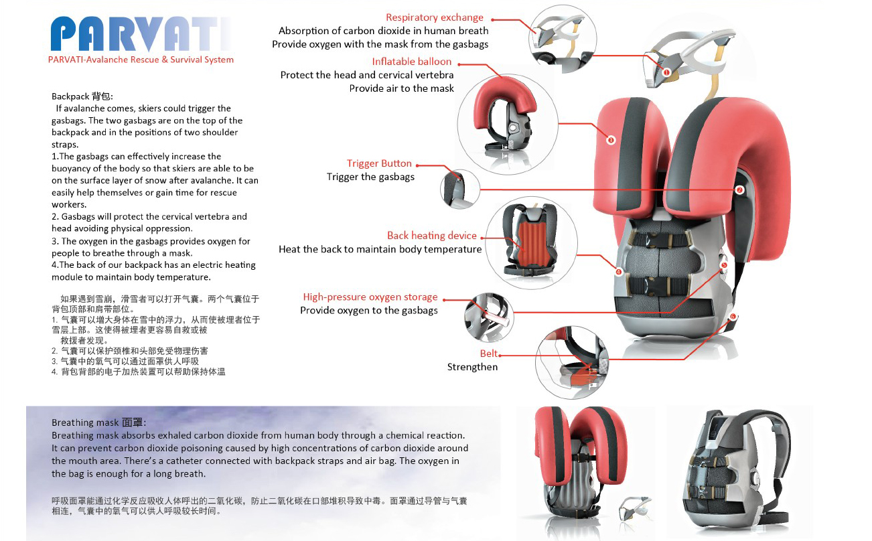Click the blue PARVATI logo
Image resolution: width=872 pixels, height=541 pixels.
(140, 34)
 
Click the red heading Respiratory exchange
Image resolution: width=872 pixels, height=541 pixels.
(435, 17)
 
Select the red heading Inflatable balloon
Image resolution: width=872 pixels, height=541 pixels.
(411, 62)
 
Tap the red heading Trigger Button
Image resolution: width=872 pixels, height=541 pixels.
(379, 163)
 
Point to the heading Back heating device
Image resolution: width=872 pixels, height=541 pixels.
(432, 236)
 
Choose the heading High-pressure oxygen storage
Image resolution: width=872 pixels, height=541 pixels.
(370, 297)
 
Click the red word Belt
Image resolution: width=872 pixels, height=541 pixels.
(488, 354)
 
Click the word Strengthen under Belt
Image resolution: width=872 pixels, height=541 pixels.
(472, 367)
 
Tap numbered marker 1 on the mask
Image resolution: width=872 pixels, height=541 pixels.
(666, 72)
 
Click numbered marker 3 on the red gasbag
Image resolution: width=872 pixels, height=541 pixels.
(611, 140)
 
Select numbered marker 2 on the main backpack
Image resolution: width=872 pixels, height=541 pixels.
(739, 190)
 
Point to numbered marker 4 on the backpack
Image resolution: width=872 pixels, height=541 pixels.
(619, 272)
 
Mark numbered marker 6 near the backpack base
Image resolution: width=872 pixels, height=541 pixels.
(733, 317)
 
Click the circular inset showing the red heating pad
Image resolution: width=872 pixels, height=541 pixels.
(531, 243)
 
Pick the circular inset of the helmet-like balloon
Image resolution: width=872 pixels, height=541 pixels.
(508, 125)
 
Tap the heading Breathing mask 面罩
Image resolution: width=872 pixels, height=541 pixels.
(99, 422)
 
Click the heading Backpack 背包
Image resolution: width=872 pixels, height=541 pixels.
(82, 96)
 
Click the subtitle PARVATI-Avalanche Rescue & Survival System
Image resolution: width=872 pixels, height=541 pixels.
(141, 60)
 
